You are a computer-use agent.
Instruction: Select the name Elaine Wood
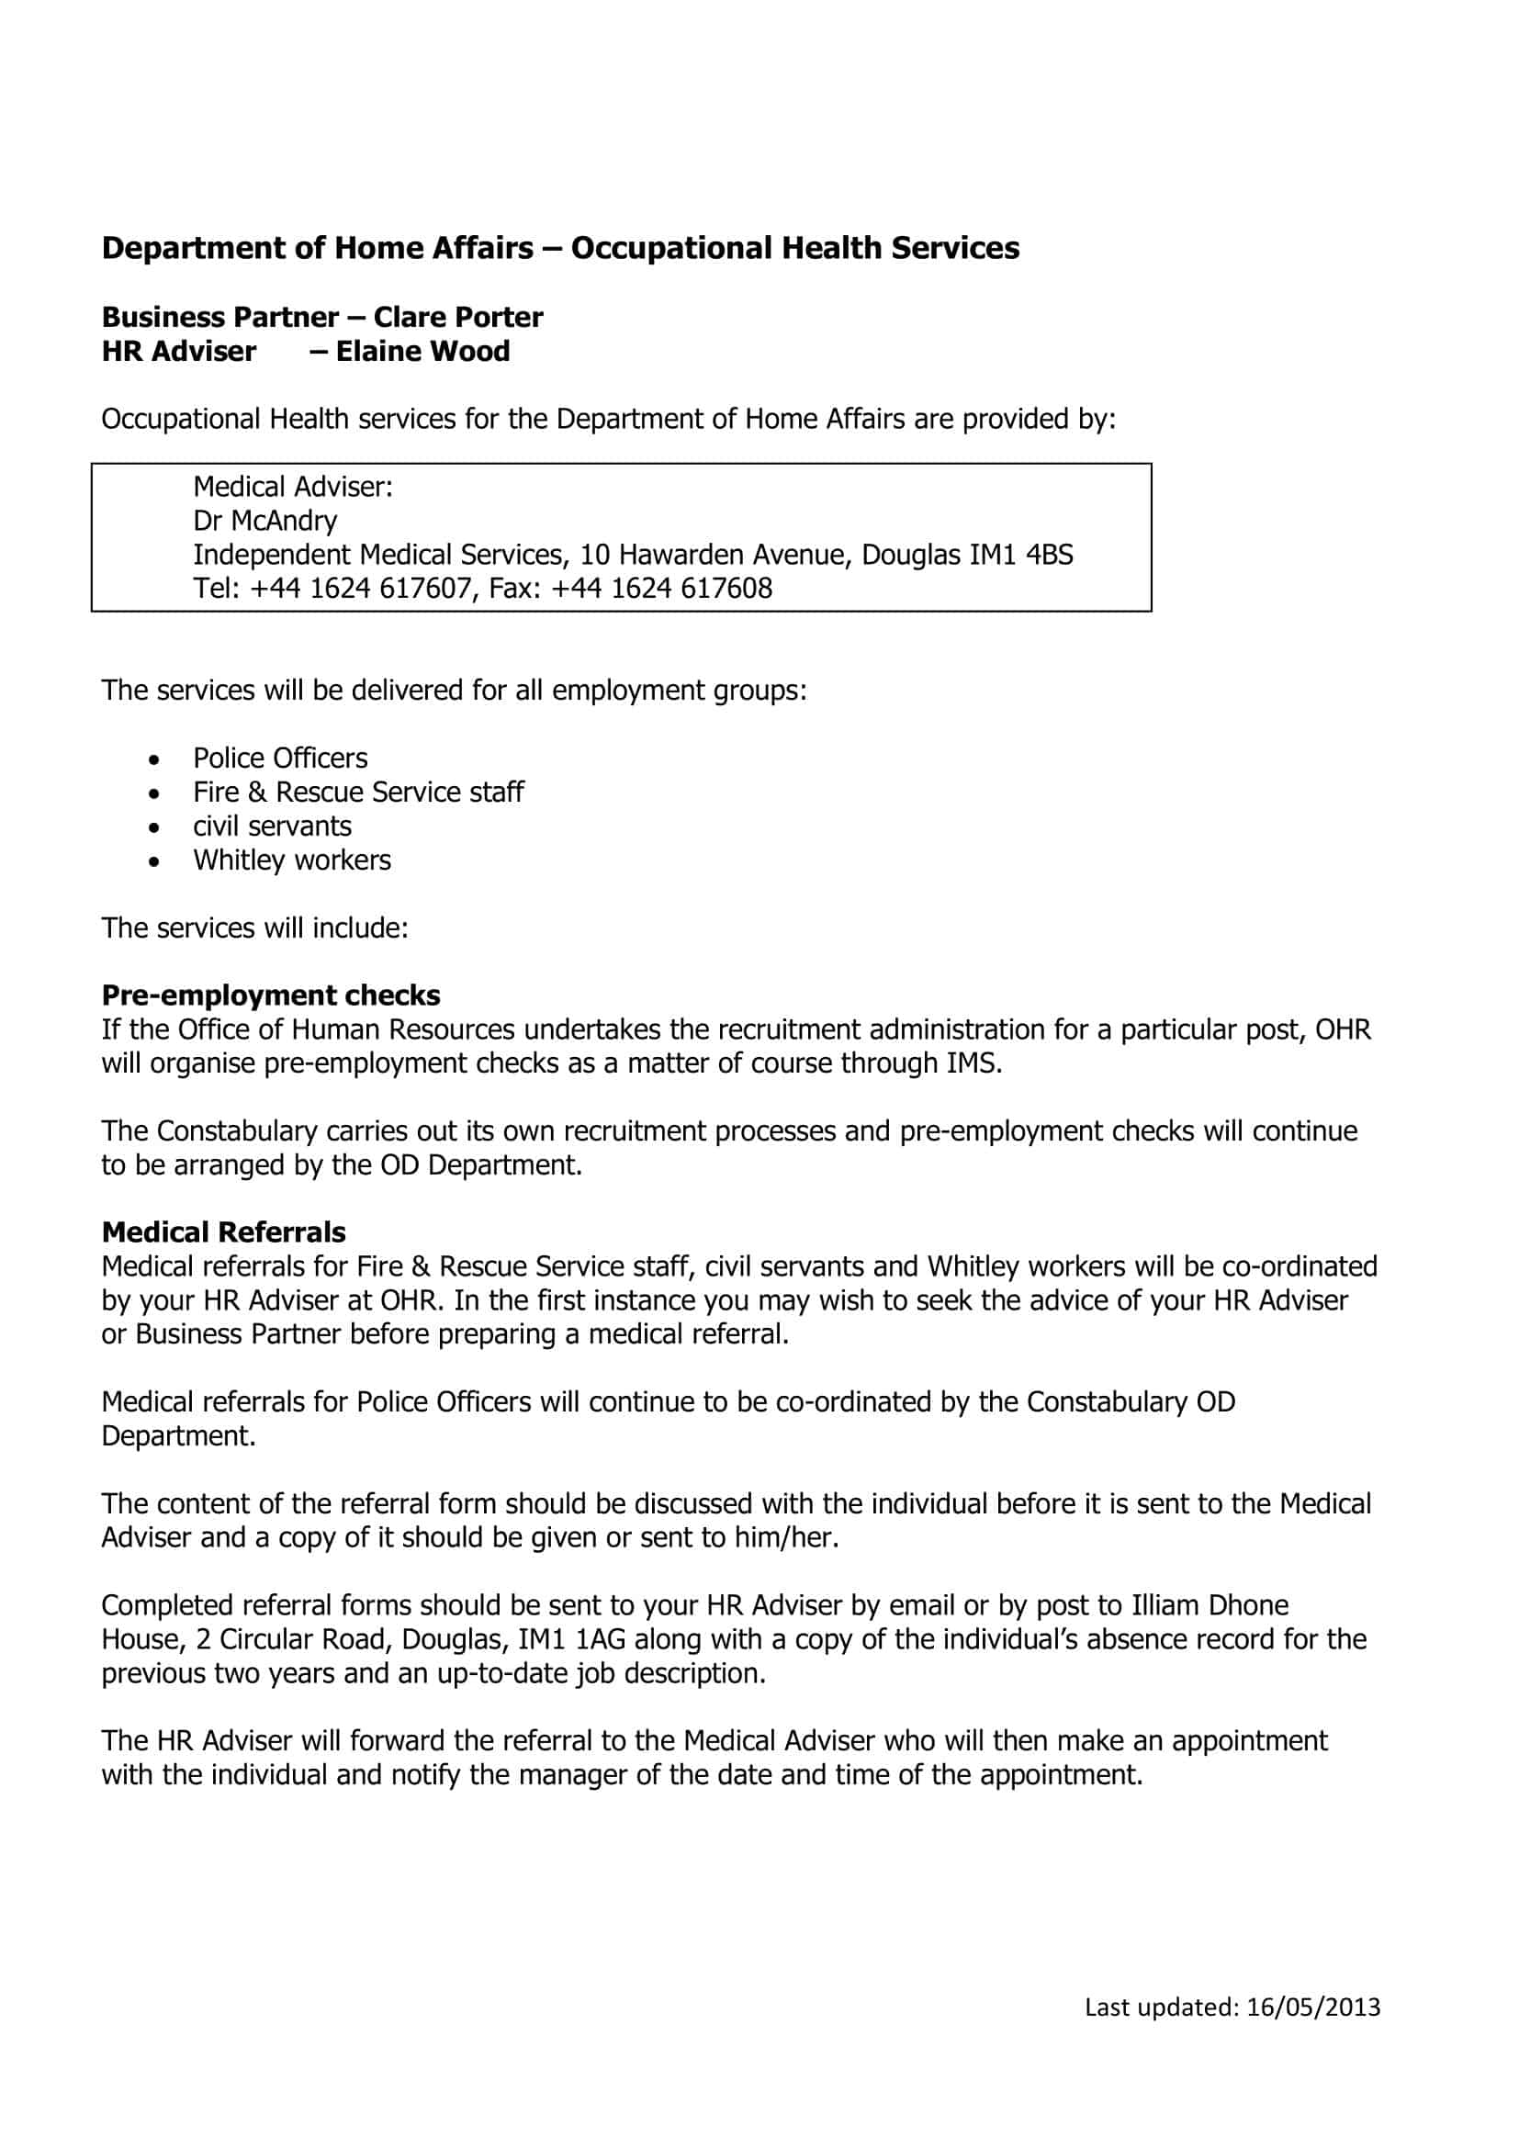coord(422,351)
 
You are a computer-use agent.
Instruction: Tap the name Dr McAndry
coord(264,520)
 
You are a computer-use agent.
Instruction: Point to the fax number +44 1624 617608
coord(662,589)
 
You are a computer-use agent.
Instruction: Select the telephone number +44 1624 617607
coord(361,589)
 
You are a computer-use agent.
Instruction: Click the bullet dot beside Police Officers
coord(154,759)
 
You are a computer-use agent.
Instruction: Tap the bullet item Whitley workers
coord(292,860)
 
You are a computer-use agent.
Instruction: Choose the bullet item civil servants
coord(272,827)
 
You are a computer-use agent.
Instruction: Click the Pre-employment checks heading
coord(270,995)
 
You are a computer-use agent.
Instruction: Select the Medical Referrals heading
coord(223,1231)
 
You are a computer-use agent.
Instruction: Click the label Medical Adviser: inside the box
coord(293,487)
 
